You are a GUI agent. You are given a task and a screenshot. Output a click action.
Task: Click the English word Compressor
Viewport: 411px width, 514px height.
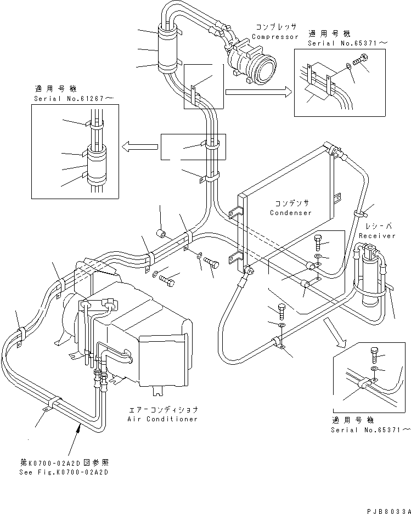pyautogui.click(x=275, y=37)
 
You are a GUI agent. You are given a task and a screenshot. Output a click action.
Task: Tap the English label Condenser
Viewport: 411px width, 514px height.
pyautogui.click(x=290, y=213)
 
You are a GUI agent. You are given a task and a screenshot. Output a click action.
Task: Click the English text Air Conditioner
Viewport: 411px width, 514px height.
pyautogui.click(x=162, y=419)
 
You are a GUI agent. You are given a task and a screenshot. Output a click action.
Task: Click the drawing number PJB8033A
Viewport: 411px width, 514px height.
pyautogui.click(x=387, y=507)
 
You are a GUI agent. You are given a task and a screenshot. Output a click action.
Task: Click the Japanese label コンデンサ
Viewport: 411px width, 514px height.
pyautogui.click(x=290, y=203)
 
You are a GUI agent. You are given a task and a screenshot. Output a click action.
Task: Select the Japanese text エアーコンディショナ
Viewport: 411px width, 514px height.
pyautogui.click(x=162, y=409)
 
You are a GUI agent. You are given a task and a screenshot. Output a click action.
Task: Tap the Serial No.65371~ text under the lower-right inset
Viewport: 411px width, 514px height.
pyautogui.click(x=370, y=430)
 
